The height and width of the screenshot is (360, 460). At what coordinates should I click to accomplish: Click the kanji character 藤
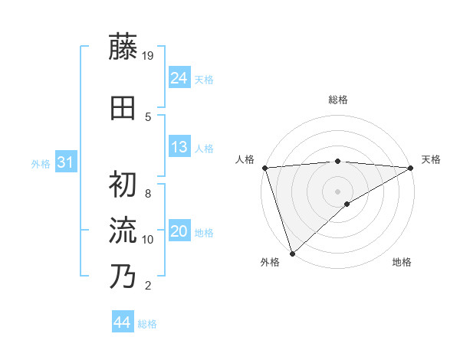123,47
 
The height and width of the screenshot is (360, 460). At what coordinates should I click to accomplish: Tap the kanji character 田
123,109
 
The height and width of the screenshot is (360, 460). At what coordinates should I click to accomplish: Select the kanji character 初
123,183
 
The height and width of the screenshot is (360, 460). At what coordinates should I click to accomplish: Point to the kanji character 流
123,230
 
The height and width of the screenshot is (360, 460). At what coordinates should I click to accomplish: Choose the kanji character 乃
123,276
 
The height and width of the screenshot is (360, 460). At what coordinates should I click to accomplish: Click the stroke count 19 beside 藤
149,55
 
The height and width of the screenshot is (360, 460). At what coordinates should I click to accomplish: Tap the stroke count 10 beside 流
149,240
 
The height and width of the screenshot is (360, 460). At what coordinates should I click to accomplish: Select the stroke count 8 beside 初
147,194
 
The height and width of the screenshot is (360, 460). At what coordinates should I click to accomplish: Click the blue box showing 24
179,78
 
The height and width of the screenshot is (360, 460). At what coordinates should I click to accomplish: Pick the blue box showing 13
179,147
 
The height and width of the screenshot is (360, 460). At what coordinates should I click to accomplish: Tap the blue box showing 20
179,231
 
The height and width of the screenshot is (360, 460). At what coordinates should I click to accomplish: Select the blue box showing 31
66,162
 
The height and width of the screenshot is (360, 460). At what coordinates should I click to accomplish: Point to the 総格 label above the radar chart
338,100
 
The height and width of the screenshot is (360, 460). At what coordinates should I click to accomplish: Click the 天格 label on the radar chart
431,159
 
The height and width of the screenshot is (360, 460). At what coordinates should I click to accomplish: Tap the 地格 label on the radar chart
402,262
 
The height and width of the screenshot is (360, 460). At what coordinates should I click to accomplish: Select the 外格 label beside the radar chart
270,262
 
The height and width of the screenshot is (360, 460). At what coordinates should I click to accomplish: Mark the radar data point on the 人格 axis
264,167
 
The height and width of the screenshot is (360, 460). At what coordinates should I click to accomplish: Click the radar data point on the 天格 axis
411,167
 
